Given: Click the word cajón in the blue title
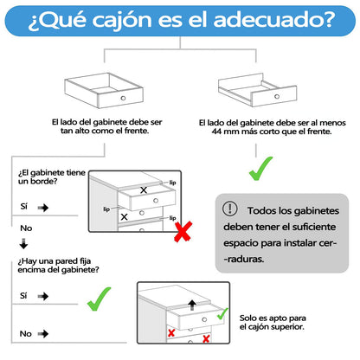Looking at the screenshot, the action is tap(122, 21).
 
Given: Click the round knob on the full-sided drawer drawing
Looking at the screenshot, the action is tap(123, 98).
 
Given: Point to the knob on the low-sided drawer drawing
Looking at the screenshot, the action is tap(277, 96).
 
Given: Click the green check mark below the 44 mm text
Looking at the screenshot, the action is tap(260, 169).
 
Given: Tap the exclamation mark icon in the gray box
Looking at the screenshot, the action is tap(230, 208).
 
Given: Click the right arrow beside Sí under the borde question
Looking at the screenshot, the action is tap(43, 208).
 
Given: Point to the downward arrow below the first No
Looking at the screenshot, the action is tap(23, 244).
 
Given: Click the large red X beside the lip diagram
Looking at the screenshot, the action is tap(183, 231).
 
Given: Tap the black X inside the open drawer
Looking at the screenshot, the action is tap(144, 190).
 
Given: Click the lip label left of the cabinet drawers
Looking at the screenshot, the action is tap(106, 209).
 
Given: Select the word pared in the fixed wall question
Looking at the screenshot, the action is tap(67, 261).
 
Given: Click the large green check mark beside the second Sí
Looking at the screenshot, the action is tap(99, 299).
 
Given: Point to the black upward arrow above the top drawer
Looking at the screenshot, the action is tap(192, 305).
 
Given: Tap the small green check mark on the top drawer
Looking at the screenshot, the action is tap(222, 313).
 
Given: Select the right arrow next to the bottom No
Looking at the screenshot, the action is tap(43, 334).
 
